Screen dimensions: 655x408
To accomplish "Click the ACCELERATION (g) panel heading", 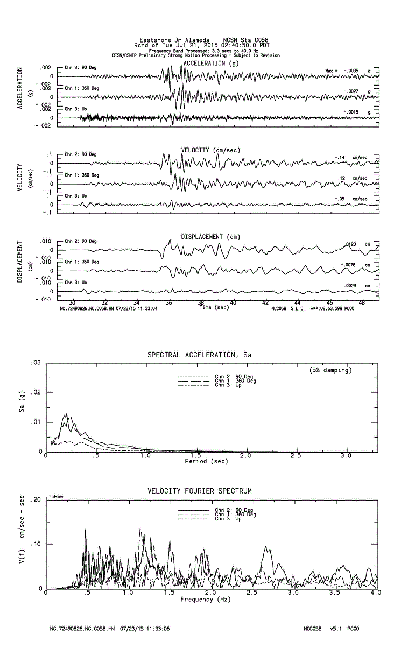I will (x=211, y=63).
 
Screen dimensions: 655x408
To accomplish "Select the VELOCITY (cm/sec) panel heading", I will (x=210, y=150).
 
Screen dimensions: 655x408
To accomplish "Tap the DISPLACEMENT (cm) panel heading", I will (x=210, y=237).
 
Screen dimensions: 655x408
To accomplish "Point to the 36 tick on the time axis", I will (x=170, y=303).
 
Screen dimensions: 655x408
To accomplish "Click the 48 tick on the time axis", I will (x=362, y=303).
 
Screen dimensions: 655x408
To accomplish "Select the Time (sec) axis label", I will (x=214, y=307).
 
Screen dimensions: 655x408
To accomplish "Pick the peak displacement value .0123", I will (x=349, y=244).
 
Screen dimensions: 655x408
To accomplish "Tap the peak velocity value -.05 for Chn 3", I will (x=340, y=199).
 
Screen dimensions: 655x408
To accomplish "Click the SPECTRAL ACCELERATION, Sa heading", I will (x=199, y=355).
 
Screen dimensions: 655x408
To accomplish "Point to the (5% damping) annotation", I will (x=330, y=370).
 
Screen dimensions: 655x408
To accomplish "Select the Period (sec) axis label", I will (x=206, y=461).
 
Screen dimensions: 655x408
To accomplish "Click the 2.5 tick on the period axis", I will (x=296, y=456).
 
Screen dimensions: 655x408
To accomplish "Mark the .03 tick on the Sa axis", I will (x=37, y=363).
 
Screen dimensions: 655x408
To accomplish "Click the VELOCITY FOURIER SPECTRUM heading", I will (x=200, y=491).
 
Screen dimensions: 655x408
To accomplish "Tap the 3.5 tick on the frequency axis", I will (x=335, y=593).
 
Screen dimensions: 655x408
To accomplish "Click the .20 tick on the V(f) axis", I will (x=36, y=500).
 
